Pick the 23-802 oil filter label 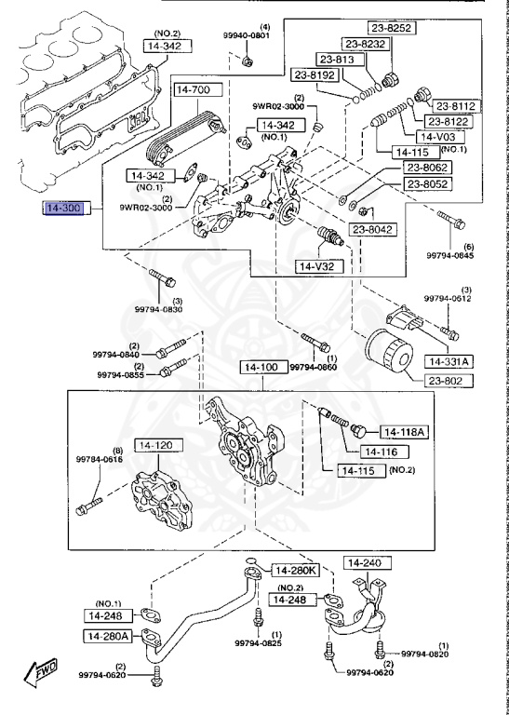coord(449,381)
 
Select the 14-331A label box coord(450,361)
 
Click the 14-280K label coord(294,570)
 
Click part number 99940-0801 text coord(246,36)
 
